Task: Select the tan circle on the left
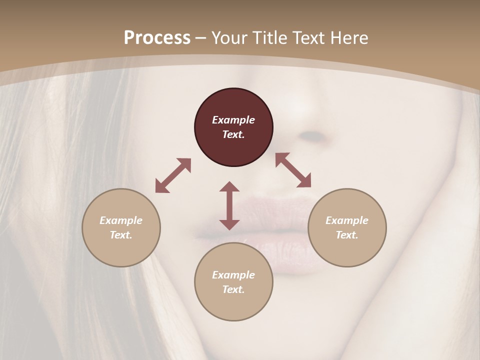coord(121,227)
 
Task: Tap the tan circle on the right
coord(347,227)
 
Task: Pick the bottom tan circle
coord(233,282)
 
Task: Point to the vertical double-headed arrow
coord(229,205)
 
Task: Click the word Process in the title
coord(157,38)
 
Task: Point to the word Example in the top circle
coord(233,120)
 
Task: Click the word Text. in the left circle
coord(121,235)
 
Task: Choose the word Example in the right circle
coord(347,220)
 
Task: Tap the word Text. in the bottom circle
coord(233,289)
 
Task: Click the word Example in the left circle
coord(121,220)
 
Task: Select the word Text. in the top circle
coord(233,134)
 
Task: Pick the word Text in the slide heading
coord(309,38)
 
